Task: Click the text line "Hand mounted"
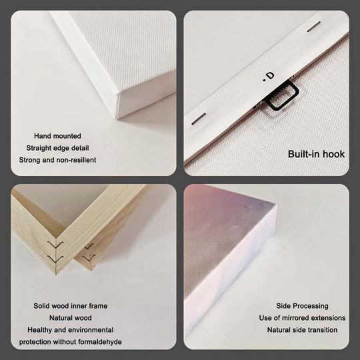pyautogui.click(x=57, y=136)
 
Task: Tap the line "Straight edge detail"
pyautogui.click(x=57, y=148)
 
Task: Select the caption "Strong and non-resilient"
pyautogui.click(x=57, y=160)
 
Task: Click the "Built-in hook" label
pyautogui.click(x=316, y=154)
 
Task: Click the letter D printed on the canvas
pyautogui.click(x=271, y=75)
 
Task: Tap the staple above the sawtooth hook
pyautogui.click(x=313, y=27)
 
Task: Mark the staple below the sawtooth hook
pyautogui.click(x=199, y=119)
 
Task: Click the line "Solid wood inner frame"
pyautogui.click(x=71, y=306)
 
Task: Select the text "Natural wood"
pyautogui.click(x=71, y=318)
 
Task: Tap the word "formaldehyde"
pyautogui.click(x=100, y=342)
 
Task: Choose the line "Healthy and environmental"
pyautogui.click(x=71, y=330)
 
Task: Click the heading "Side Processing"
pyautogui.click(x=302, y=306)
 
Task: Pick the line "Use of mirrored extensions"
pyautogui.click(x=302, y=318)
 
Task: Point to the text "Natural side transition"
pyautogui.click(x=302, y=330)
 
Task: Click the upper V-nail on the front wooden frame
pyautogui.click(x=55, y=245)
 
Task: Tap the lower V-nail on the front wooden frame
pyautogui.click(x=55, y=259)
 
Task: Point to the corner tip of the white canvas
pyautogui.click(x=117, y=119)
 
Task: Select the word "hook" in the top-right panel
pyautogui.click(x=335, y=154)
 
